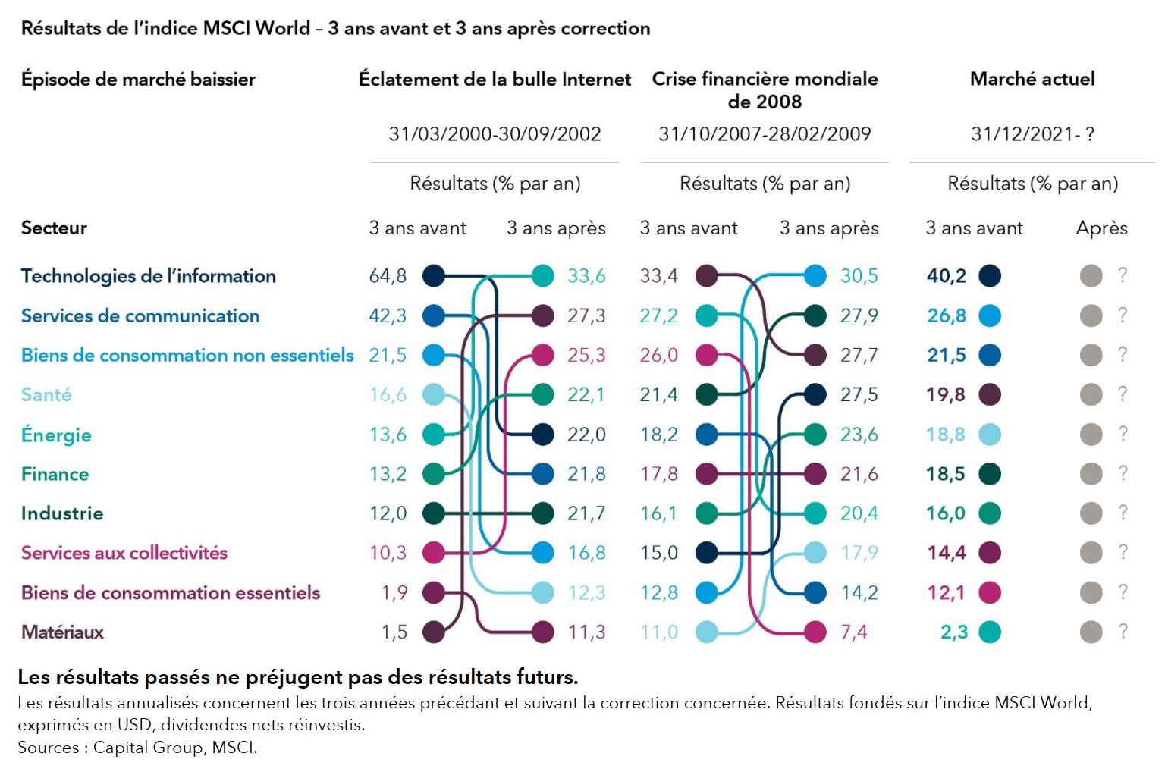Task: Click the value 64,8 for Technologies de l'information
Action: click(x=388, y=276)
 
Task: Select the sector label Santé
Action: click(x=46, y=395)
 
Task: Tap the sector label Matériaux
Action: click(x=62, y=632)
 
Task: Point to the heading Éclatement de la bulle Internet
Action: click(x=495, y=80)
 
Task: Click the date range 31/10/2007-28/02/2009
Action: click(x=765, y=134)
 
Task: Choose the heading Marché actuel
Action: click(x=1032, y=79)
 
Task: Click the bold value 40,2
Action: click(x=947, y=276)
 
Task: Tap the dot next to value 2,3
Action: click(x=990, y=632)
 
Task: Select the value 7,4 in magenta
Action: click(x=853, y=632)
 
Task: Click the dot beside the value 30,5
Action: click(x=815, y=276)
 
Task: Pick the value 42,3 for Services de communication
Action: click(x=388, y=315)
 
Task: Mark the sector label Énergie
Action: click(x=56, y=435)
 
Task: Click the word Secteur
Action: click(x=54, y=228)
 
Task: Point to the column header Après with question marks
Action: click(x=1101, y=228)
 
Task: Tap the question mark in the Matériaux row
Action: click(x=1123, y=632)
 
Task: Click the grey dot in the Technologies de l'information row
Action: click(x=1091, y=276)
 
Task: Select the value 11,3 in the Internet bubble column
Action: click(x=587, y=632)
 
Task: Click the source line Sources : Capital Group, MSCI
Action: click(x=137, y=748)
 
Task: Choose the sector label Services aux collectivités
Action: click(x=124, y=553)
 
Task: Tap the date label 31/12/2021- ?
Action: click(x=1032, y=134)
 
